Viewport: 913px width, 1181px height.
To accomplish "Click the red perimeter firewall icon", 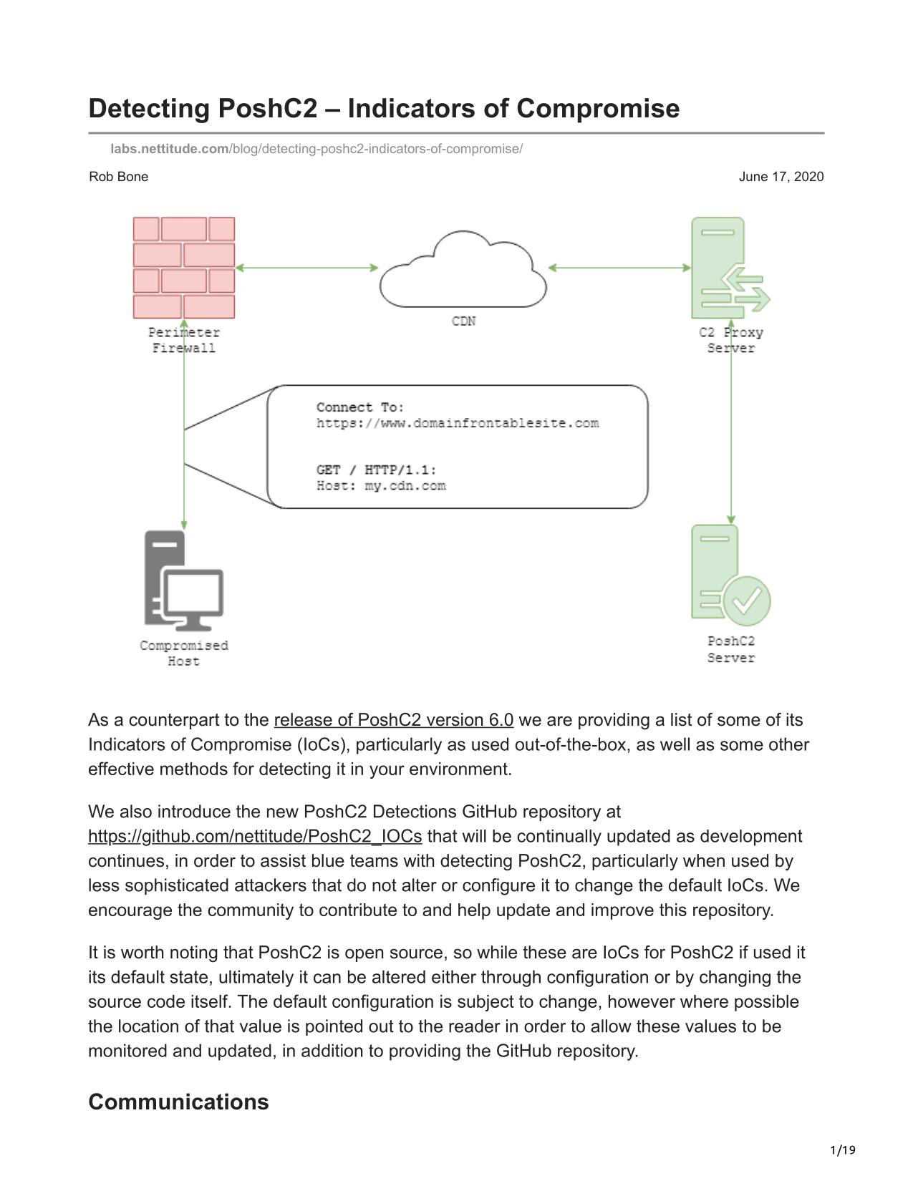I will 184,268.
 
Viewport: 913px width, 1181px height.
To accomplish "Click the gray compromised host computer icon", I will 183,578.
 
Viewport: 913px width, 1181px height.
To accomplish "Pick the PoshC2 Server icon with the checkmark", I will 730,575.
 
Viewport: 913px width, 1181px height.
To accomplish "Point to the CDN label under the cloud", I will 463,321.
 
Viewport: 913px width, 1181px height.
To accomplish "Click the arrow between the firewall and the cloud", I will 306,268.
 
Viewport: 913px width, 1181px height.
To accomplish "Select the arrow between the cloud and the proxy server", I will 619,268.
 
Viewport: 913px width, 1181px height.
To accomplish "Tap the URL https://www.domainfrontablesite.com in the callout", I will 458,423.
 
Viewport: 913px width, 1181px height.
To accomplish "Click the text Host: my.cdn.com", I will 381,486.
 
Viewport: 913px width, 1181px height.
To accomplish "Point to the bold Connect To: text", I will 360,407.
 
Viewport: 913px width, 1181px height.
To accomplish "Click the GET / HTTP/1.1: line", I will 376,470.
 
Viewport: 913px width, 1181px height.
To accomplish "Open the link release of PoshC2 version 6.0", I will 393,720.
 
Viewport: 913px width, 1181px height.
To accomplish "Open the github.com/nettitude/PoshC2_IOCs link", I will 255,837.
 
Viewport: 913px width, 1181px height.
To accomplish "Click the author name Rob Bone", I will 119,177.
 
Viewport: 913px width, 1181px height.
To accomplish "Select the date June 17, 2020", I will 781,177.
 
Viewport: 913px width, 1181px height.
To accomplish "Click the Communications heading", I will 178,1102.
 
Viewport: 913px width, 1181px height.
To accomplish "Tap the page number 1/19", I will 843,1151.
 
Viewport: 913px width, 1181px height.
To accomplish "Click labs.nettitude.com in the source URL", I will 170,149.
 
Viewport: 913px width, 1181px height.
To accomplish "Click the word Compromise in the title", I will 597,109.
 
